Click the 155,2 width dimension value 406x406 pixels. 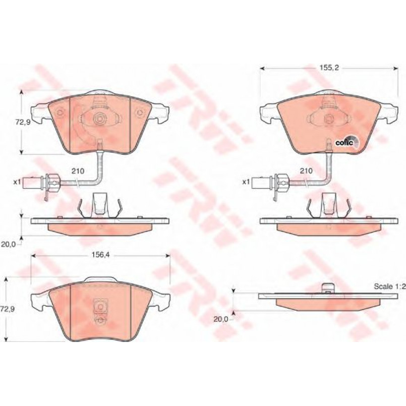coord(329,68)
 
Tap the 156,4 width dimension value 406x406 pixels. coord(101,255)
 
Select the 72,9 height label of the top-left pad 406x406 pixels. coord(22,122)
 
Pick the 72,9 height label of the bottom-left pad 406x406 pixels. coord(8,309)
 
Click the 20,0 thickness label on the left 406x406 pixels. coord(8,244)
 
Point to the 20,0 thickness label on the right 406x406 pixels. coord(220,319)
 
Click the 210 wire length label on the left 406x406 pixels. coord(78,171)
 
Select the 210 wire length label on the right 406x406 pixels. coord(306,171)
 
